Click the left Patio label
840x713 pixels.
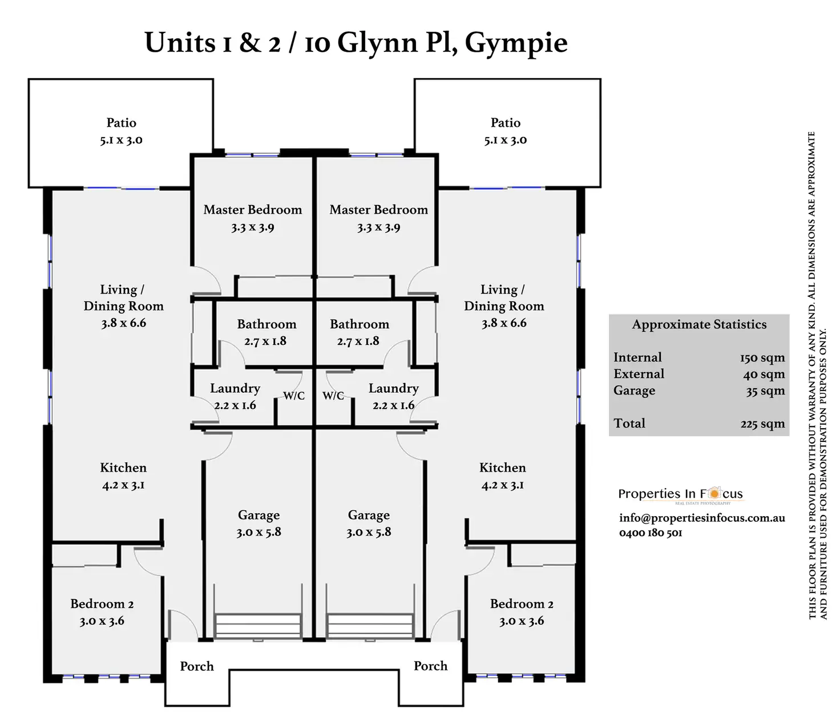click(x=121, y=123)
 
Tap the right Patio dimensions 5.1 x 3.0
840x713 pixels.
click(x=505, y=140)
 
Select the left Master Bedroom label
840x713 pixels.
click(x=253, y=210)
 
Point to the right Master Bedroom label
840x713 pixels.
click(x=378, y=210)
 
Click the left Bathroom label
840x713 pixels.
click(x=266, y=324)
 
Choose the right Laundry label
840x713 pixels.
click(x=393, y=389)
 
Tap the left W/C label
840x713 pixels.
click(x=294, y=396)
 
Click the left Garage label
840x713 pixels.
click(x=259, y=515)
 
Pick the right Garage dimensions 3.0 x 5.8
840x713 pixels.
click(x=369, y=533)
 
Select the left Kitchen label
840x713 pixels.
click(x=123, y=468)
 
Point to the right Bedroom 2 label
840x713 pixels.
click(x=522, y=604)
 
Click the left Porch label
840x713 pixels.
click(x=197, y=666)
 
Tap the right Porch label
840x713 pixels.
click(x=430, y=666)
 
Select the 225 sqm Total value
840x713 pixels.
click(x=762, y=424)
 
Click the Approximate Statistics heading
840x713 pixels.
click(x=699, y=325)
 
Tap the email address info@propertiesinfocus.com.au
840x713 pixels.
click(x=702, y=518)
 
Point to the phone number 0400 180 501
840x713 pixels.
click(x=651, y=533)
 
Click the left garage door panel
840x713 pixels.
click(x=258, y=626)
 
